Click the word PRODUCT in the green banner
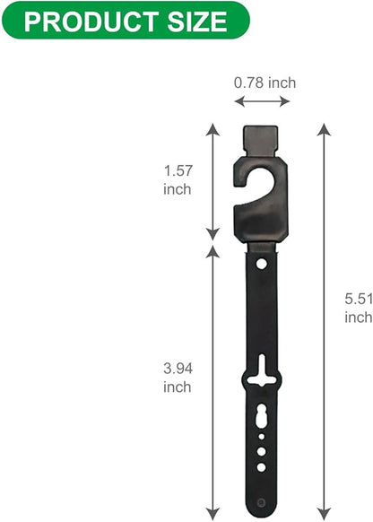click(x=91, y=22)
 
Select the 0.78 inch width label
click(x=265, y=83)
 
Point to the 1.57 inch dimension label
click(x=178, y=179)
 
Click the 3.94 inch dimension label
click(x=178, y=378)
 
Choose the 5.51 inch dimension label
click(x=359, y=308)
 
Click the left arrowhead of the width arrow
click(x=239, y=101)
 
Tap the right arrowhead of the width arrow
click(x=284, y=101)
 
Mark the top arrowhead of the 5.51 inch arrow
click(x=324, y=129)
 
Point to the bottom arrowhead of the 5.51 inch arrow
click(x=324, y=514)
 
